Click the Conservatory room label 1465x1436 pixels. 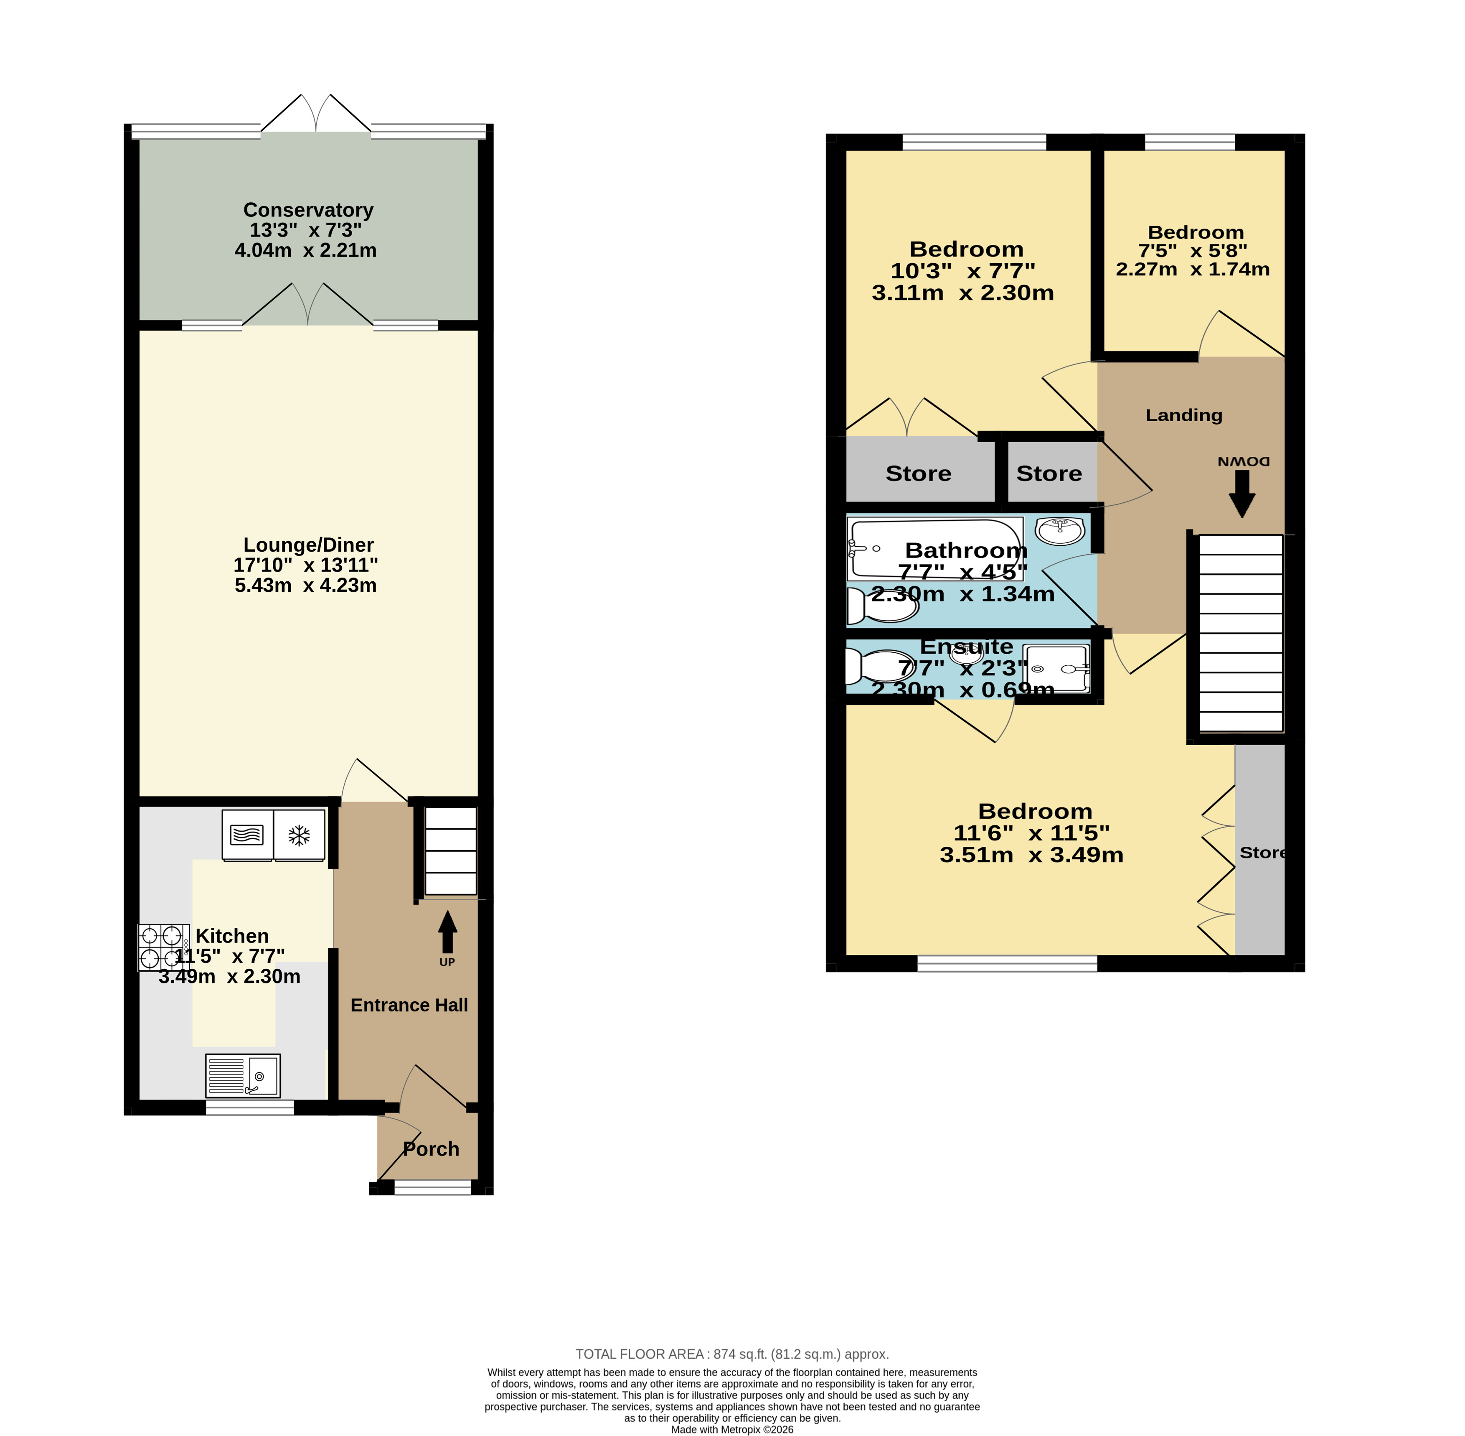[x=308, y=210]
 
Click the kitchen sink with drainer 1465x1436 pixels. [x=243, y=1075]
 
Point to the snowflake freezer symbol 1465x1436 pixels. [x=300, y=835]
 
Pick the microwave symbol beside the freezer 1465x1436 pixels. [x=247, y=835]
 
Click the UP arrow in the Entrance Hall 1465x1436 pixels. [x=447, y=932]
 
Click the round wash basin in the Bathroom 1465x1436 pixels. [x=1060, y=530]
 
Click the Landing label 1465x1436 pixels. [x=1184, y=415]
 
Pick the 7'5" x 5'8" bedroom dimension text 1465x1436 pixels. [x=1193, y=250]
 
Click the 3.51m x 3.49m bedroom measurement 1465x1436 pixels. [x=1031, y=855]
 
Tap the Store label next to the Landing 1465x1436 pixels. [x=1049, y=474]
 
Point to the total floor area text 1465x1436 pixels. [x=732, y=1354]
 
